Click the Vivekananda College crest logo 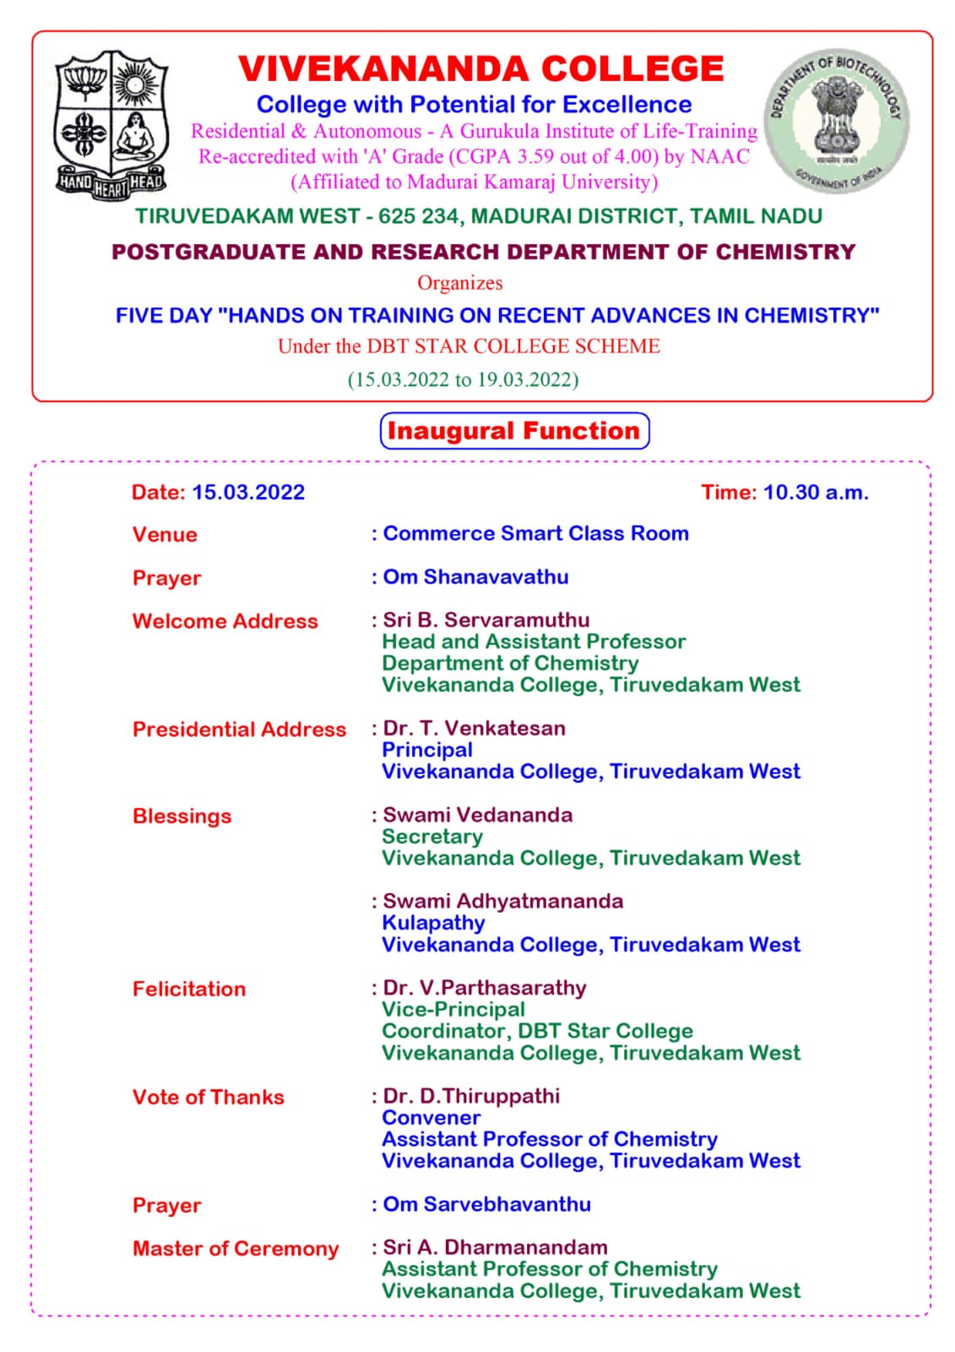(x=111, y=124)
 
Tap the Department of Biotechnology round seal (x=836, y=121)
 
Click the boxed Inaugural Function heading (x=514, y=431)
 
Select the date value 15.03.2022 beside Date (x=248, y=493)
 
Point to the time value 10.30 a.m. (x=816, y=493)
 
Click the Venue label (x=165, y=535)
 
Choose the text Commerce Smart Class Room (x=535, y=534)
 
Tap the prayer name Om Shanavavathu (x=475, y=577)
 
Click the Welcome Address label (x=225, y=621)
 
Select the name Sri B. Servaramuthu (x=486, y=620)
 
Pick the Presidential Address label (x=239, y=729)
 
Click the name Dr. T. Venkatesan (x=474, y=728)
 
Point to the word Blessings (x=182, y=816)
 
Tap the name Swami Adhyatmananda (x=502, y=902)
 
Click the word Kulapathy (x=433, y=924)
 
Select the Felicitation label (x=189, y=989)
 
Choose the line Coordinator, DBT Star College (x=537, y=1032)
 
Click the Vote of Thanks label (x=208, y=1098)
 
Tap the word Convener (x=431, y=1118)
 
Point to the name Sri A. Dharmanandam (x=495, y=1248)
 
